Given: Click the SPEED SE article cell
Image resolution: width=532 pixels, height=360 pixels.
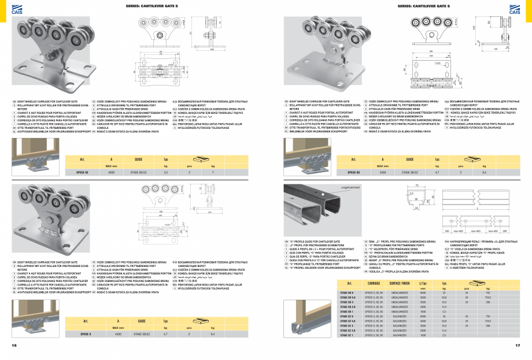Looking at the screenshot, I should [x=82, y=172].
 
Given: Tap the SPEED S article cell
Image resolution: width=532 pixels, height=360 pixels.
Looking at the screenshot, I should [x=86, y=333].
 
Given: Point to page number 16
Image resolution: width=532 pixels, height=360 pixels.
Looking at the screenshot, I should [x=14, y=346].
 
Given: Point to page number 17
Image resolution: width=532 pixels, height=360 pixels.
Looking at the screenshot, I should [x=518, y=346].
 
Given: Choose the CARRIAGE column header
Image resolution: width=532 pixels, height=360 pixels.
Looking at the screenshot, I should [x=374, y=267].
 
